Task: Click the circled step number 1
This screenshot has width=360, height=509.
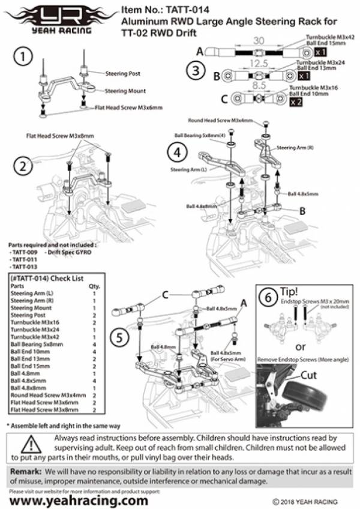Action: point(23,58)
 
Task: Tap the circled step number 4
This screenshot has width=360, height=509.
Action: point(176,152)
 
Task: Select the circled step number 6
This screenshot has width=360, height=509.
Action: point(269,297)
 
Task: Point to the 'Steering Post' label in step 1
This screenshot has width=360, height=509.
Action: point(122,73)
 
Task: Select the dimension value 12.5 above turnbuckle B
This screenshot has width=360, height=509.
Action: point(258,64)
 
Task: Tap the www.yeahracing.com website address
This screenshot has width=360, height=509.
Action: point(79,499)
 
